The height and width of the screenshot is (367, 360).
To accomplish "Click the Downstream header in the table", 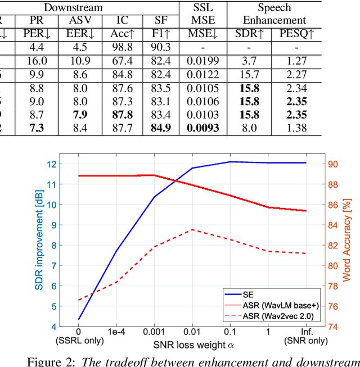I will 73,7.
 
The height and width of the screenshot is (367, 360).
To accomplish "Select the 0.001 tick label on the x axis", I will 154,332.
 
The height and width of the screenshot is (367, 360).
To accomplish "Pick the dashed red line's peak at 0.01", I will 192,229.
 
